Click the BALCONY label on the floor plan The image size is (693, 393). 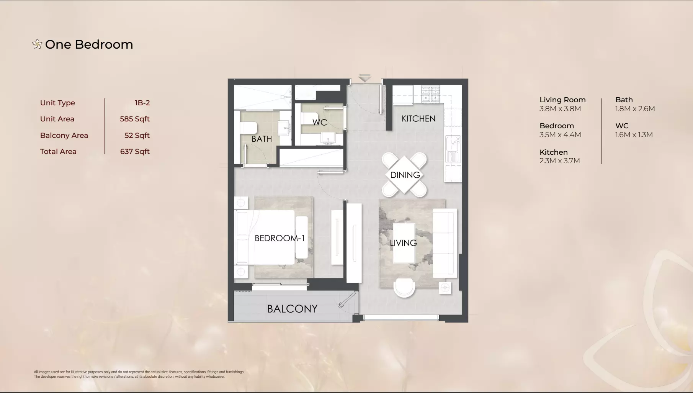point(292,309)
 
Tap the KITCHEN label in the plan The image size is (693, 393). point(418,119)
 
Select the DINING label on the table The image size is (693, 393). point(405,175)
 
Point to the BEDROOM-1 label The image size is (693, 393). point(279,238)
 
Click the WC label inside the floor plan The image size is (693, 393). point(320,122)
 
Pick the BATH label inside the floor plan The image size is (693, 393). point(262,139)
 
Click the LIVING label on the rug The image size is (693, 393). point(403,243)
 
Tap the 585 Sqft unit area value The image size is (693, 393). point(135,119)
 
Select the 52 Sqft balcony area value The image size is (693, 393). point(137,136)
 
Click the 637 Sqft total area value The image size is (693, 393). point(135,152)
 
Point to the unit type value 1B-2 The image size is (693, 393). point(142,103)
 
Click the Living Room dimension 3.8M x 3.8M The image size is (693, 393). point(560,109)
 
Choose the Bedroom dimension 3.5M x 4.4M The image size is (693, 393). point(560,135)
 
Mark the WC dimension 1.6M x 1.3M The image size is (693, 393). point(634,135)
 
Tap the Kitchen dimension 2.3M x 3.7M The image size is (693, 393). point(560,161)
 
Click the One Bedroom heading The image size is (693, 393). point(89,44)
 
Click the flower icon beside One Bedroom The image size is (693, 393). point(37,44)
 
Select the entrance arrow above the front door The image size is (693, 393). point(365,78)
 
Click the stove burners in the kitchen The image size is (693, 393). point(430,95)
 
